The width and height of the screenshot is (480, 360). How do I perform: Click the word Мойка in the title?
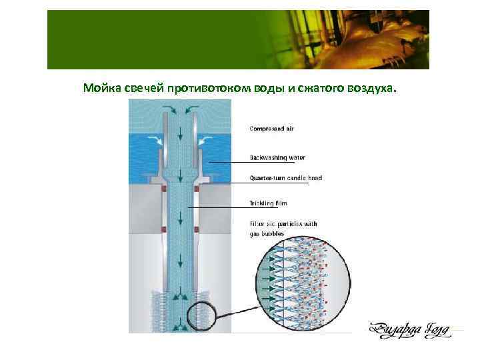pyautogui.click(x=99, y=89)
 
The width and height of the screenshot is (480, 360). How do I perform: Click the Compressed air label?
pyautogui.click(x=272, y=128)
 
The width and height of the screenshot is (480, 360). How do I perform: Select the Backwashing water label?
pyautogui.click(x=277, y=158)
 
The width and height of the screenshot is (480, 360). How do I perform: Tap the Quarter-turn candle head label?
pyautogui.click(x=285, y=178)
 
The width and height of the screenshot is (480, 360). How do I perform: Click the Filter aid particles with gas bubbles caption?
pyautogui.click(x=283, y=229)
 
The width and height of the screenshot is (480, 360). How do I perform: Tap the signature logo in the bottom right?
pyautogui.click(x=411, y=329)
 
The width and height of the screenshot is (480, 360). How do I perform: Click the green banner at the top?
pyautogui.click(x=238, y=39)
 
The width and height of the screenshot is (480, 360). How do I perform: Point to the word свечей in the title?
pyautogui.click(x=142, y=89)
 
